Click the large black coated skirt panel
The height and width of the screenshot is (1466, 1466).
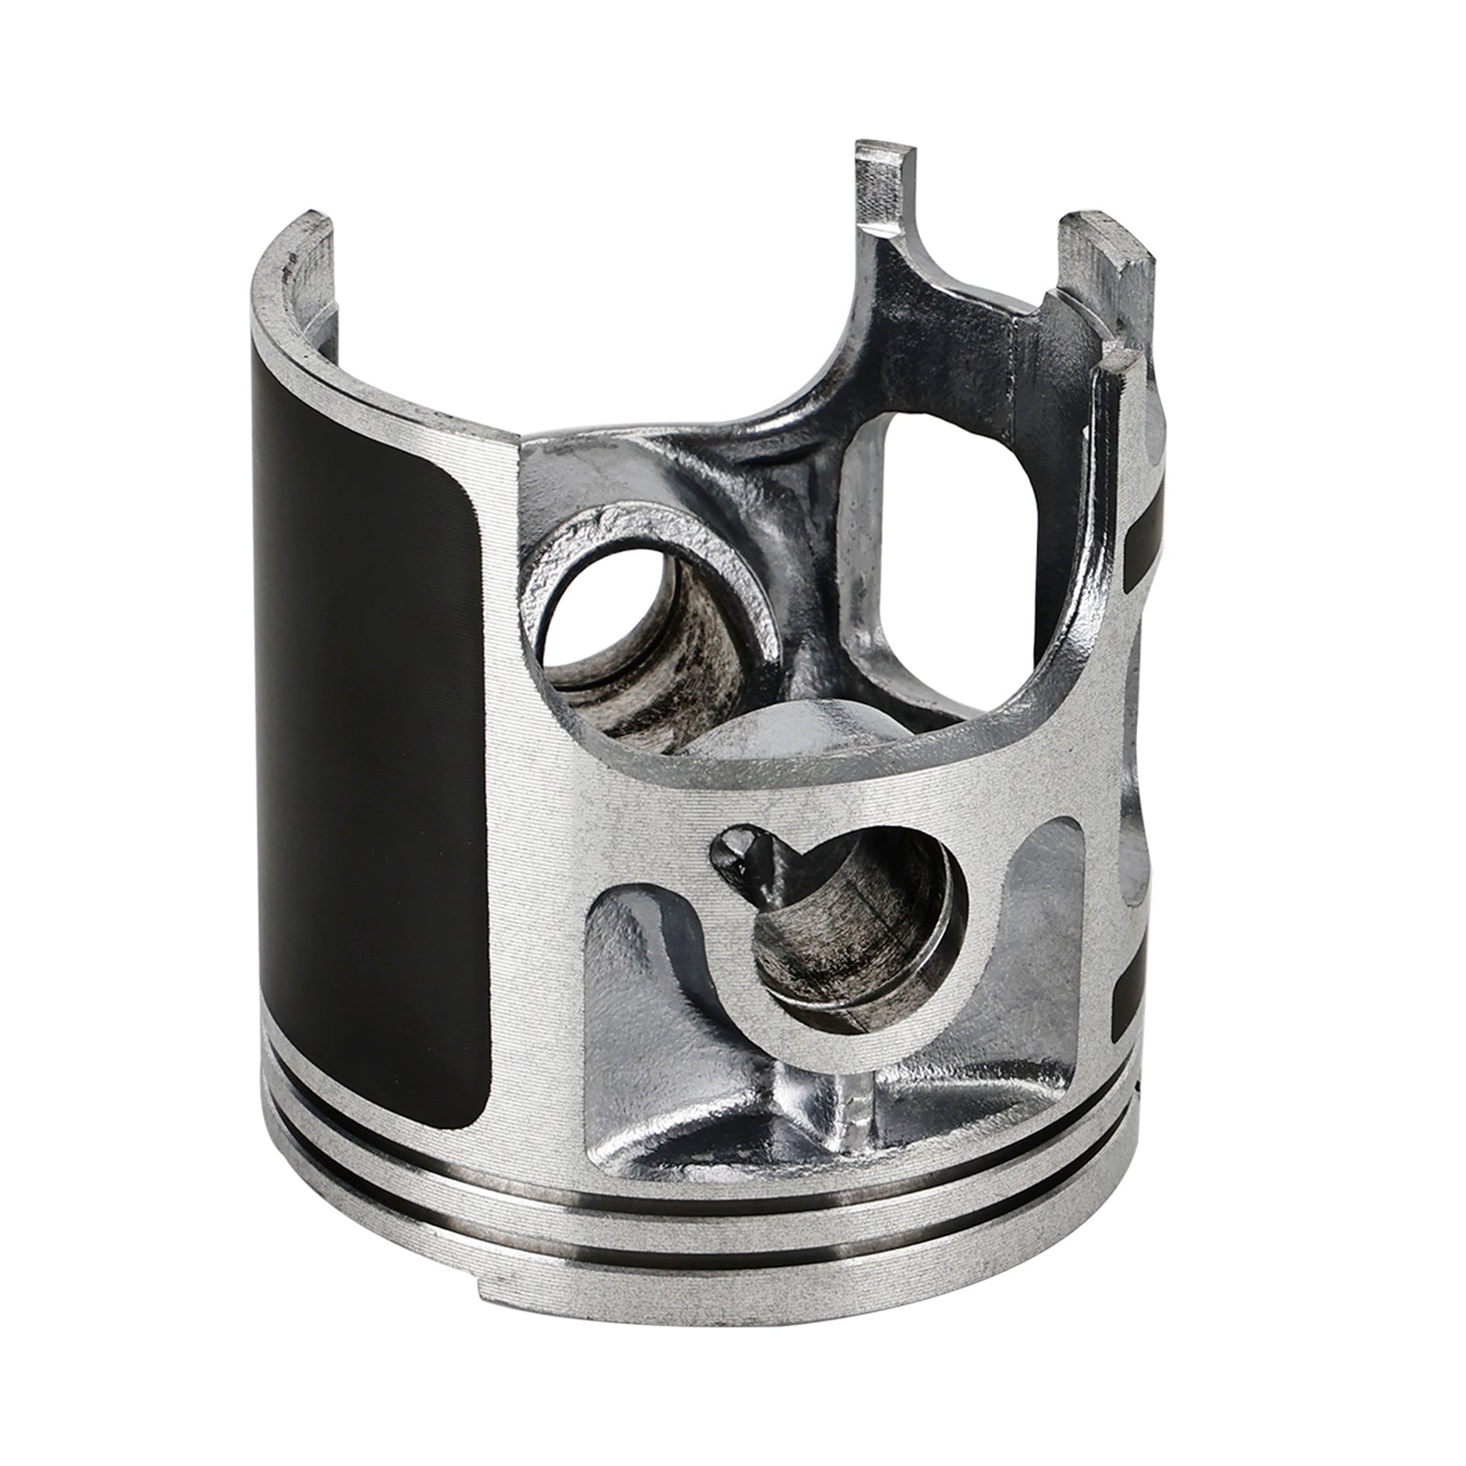point(366,733)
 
